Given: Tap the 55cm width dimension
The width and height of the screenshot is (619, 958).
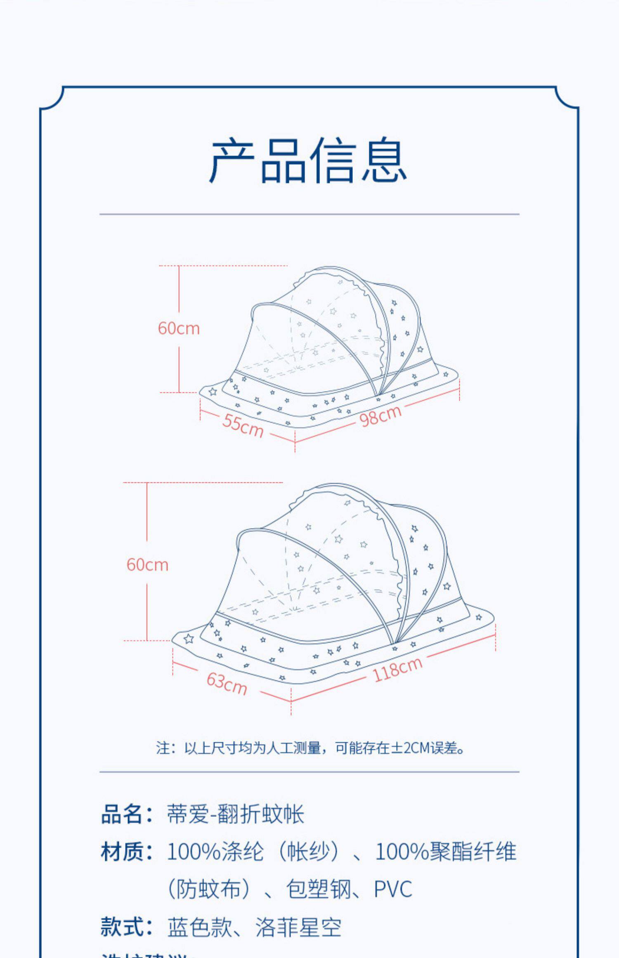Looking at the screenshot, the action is tap(243, 425).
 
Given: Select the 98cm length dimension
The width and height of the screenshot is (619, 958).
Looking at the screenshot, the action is tap(380, 415).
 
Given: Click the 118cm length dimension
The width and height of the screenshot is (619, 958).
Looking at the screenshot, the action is tap(397, 669).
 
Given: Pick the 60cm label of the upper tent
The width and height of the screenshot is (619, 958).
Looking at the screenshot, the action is tap(179, 328).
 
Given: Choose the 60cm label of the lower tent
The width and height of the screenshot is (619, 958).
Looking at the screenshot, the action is tap(147, 565).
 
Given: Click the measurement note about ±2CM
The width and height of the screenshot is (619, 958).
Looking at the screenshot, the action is tap(309, 748).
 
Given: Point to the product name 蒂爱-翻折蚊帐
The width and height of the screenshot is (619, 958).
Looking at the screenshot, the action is tap(235, 814).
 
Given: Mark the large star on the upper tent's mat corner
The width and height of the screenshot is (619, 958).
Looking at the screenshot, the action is tap(213, 391).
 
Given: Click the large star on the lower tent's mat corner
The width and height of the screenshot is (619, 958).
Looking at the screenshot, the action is tap(189, 639).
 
